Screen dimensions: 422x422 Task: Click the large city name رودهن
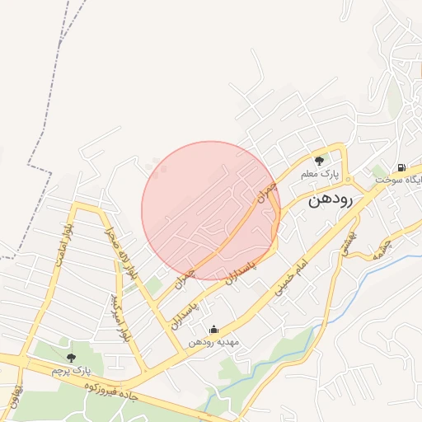pyautogui.click(x=331, y=200)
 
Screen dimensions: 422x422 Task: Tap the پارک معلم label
pyautogui.click(x=320, y=174)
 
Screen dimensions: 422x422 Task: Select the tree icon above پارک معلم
pyautogui.click(x=319, y=160)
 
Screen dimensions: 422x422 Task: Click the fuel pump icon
pyautogui.click(x=401, y=167)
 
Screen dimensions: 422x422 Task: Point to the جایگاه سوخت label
pyautogui.click(x=401, y=180)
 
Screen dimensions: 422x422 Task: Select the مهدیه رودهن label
pyautogui.click(x=213, y=342)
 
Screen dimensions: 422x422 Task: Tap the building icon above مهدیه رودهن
pyautogui.click(x=214, y=330)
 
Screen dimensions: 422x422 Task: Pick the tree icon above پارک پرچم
pyautogui.click(x=71, y=358)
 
